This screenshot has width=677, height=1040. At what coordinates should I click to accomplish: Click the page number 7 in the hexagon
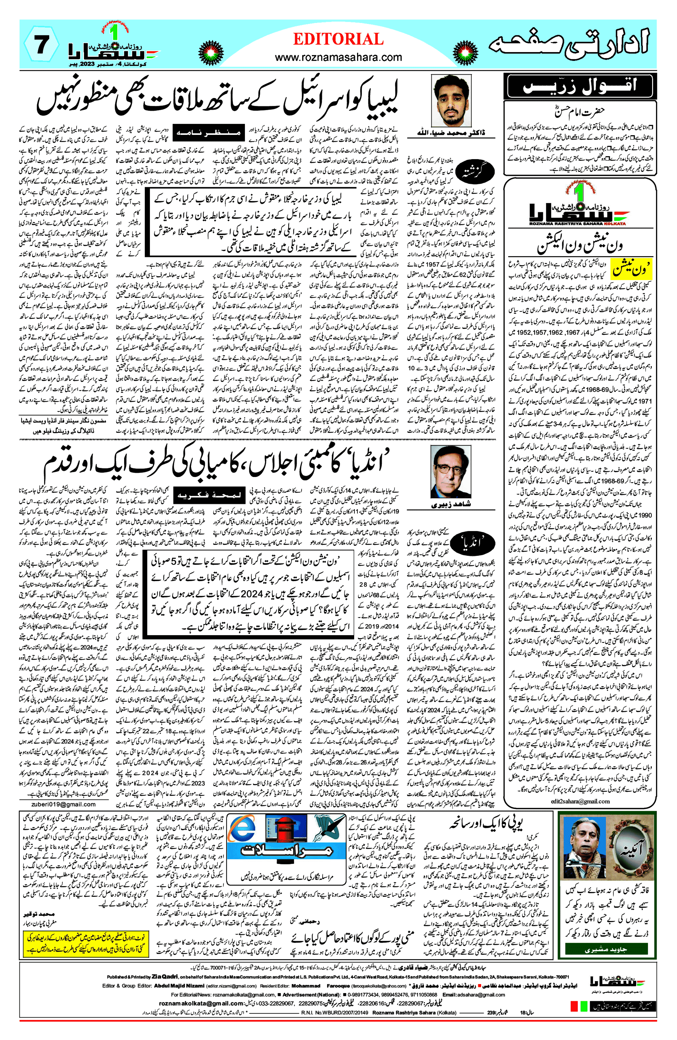coord(41,45)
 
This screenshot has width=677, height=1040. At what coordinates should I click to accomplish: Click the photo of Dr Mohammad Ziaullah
coord(451,101)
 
